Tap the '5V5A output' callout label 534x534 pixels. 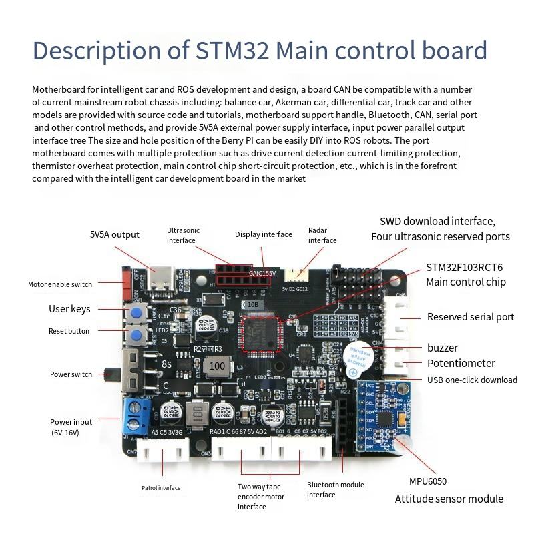click(x=115, y=234)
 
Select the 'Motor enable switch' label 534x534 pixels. click(x=60, y=284)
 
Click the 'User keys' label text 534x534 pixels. click(x=69, y=309)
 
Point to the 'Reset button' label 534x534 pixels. click(x=69, y=331)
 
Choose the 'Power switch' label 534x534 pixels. click(x=71, y=374)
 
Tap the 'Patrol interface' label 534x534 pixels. click(x=160, y=488)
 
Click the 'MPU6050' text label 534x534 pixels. click(x=428, y=481)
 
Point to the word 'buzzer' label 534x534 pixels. click(x=443, y=348)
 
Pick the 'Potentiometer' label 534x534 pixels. click(x=461, y=364)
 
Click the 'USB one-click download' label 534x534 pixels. click(x=472, y=380)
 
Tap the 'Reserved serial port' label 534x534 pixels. click(x=471, y=317)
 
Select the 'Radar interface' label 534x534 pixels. click(x=322, y=235)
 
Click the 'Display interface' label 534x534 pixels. click(x=264, y=234)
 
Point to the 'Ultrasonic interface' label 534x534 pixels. click(x=183, y=235)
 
